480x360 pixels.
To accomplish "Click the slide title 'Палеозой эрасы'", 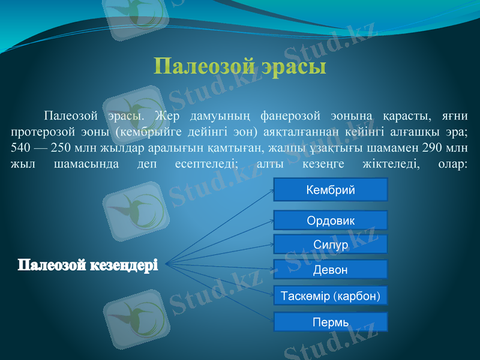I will pyautogui.click(x=240, y=65).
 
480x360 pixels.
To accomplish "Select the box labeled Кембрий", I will pyautogui.click(x=331, y=190).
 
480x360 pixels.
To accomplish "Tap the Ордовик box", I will pyautogui.click(x=331, y=220).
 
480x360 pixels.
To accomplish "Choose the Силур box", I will pyautogui.click(x=331, y=245).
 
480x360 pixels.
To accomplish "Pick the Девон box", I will pyautogui.click(x=331, y=270).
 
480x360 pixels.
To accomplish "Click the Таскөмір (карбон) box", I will pyautogui.click(x=331, y=296).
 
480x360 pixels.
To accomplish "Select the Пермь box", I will pyautogui.click(x=331, y=322).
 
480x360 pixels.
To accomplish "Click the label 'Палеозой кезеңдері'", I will pyautogui.click(x=88, y=264).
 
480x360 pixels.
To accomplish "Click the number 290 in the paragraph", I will pyautogui.click(x=428, y=148).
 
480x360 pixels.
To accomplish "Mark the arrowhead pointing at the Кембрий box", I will pyautogui.click(x=271, y=190).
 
